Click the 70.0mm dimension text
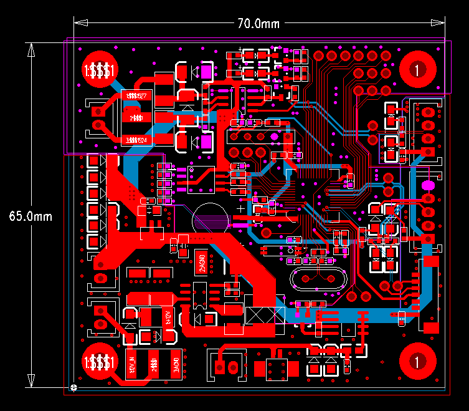point(258,24)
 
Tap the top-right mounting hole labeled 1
point(417,69)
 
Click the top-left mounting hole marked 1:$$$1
point(100,69)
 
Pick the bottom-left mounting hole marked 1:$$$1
point(100,361)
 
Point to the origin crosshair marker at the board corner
point(75,387)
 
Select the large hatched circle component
point(210,220)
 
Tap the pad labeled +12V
point(167,317)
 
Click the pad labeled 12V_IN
point(131,364)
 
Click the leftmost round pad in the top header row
point(319,56)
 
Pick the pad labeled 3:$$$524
point(136,140)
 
